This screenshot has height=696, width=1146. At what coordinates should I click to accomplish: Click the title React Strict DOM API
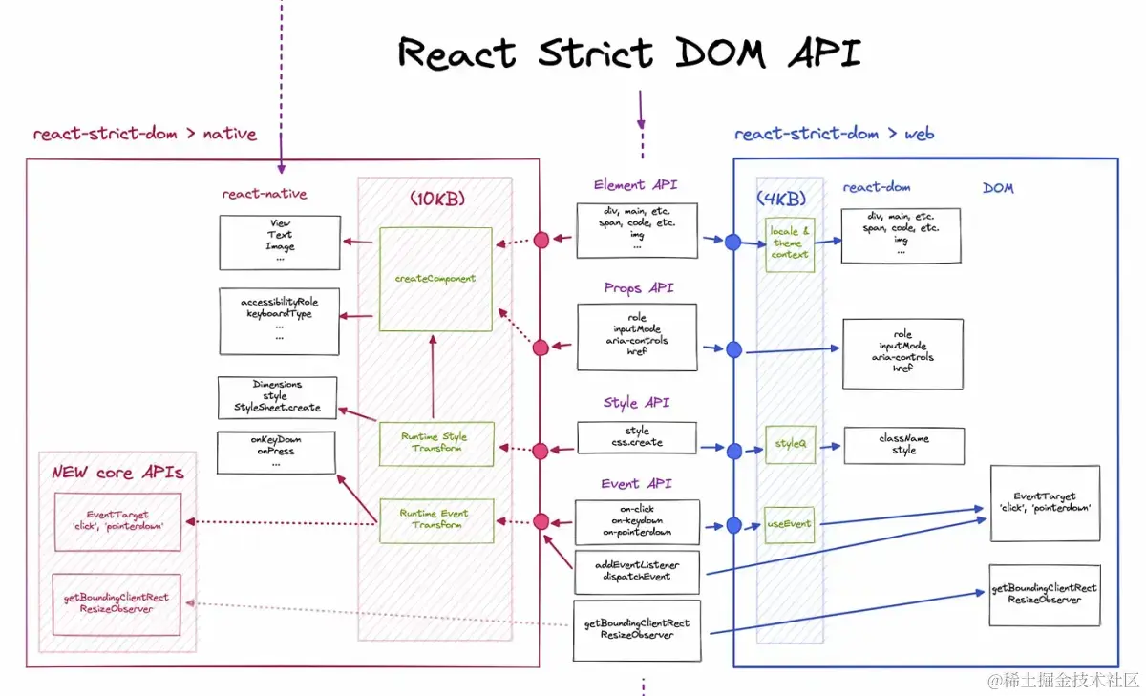pos(629,53)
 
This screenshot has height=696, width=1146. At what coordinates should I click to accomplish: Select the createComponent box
pos(435,279)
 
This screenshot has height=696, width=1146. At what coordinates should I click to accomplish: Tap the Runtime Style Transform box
pos(435,443)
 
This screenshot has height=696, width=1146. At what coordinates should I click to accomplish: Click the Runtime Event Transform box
pos(435,520)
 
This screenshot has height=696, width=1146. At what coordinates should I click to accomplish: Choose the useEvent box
pos(790,524)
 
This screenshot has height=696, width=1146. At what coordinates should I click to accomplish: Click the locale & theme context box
pos(790,243)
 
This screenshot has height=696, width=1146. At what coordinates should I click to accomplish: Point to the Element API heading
pos(635,185)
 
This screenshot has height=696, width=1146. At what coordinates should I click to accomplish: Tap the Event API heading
pos(636,484)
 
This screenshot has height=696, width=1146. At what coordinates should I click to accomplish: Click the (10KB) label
pos(436,199)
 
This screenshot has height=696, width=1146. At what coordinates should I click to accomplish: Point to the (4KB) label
pos(781,199)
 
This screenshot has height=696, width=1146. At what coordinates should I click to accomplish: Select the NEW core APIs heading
pos(117,473)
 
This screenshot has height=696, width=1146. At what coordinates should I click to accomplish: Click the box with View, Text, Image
pos(280,242)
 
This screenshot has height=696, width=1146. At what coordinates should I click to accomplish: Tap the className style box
pos(903,445)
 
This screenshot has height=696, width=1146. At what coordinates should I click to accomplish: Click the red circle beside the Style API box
pos(541,450)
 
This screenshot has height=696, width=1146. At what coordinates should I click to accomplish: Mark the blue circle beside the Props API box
pos(733,349)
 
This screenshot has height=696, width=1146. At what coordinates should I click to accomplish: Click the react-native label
pos(265,194)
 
